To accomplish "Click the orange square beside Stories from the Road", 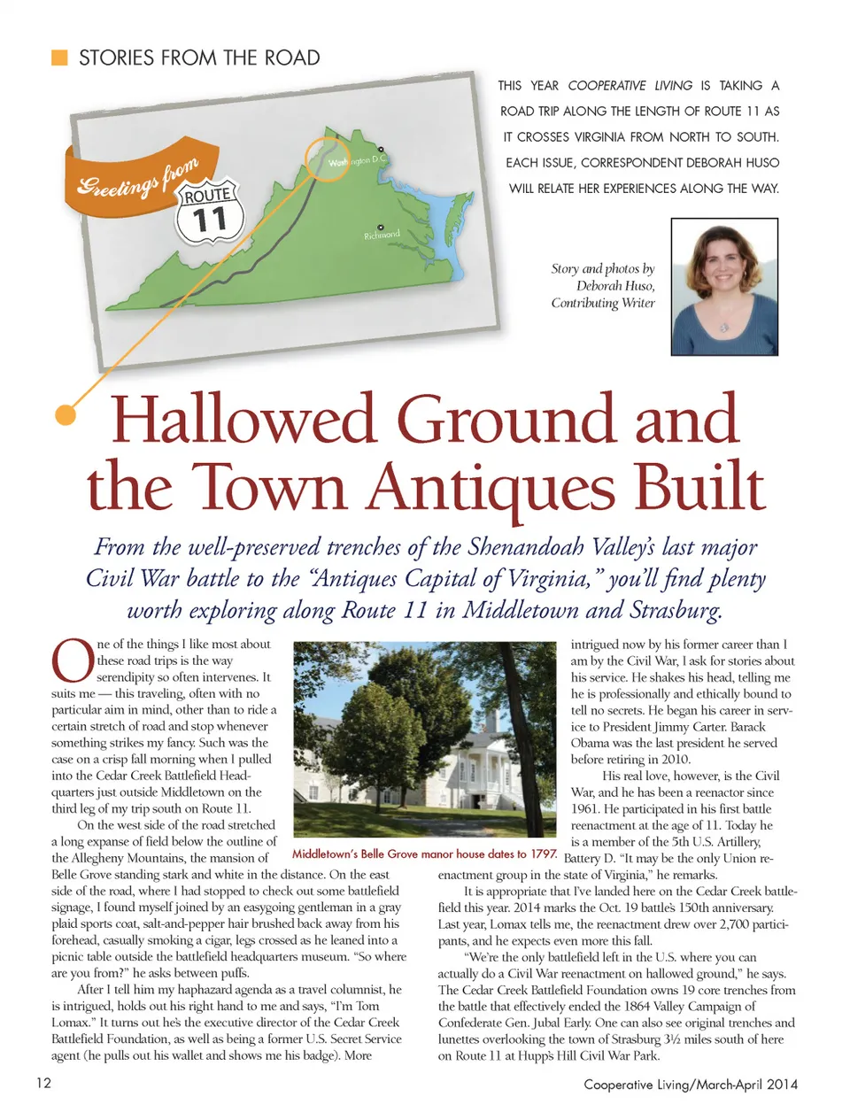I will pos(59,58).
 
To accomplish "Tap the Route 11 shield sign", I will pos(209,212).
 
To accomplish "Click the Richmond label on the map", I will pos(382,236).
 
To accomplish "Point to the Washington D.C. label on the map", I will pos(354,162).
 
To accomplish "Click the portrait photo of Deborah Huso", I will pos(724,288).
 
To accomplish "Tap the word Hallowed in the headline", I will pos(242,420).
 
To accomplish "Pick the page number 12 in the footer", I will pos(43,1083).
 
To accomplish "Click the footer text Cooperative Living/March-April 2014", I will pos(690,1084).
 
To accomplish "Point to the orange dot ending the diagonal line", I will pos(65,414).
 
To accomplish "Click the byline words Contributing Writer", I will pos(602,303).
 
